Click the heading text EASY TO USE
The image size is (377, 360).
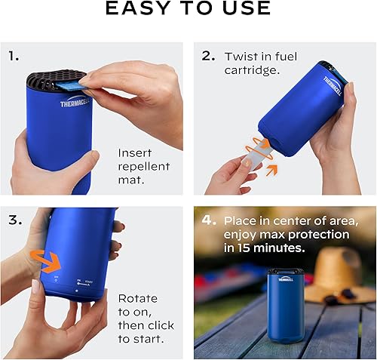[188, 9]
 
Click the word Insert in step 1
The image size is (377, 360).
[135, 152]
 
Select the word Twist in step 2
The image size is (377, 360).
[241, 57]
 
